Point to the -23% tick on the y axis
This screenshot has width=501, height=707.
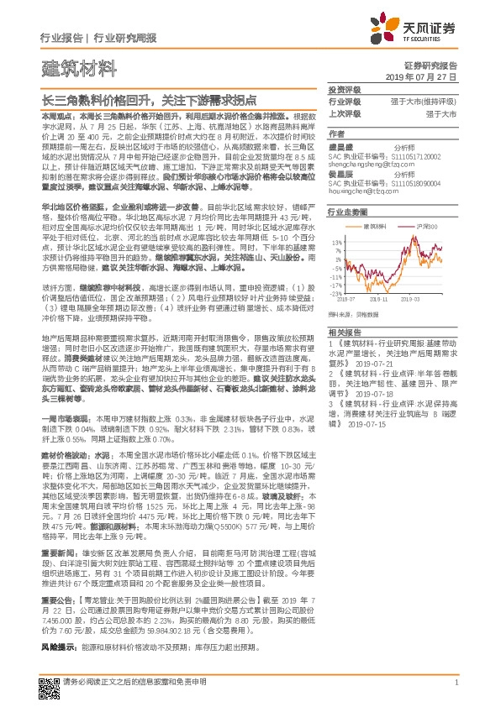tap(335, 294)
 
